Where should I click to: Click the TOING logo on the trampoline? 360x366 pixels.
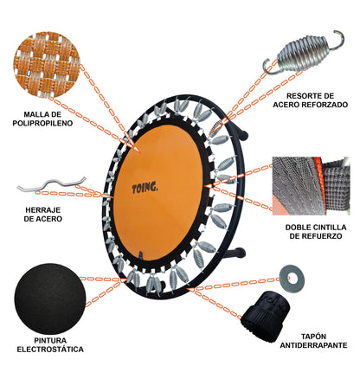(x=145, y=188)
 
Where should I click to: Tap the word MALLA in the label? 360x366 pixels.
(x=35, y=114)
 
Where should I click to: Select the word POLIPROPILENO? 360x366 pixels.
(x=42, y=123)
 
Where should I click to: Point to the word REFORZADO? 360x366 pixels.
(x=325, y=105)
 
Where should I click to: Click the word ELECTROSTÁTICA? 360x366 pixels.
(x=50, y=350)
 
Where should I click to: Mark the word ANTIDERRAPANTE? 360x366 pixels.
(x=313, y=345)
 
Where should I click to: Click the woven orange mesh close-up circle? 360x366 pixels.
(x=46, y=64)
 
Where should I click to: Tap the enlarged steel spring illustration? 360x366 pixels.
(x=303, y=53)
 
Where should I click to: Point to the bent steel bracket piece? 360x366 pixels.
(x=52, y=183)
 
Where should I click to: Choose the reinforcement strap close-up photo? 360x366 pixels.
(x=311, y=186)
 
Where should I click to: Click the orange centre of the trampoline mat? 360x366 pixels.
(x=158, y=193)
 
